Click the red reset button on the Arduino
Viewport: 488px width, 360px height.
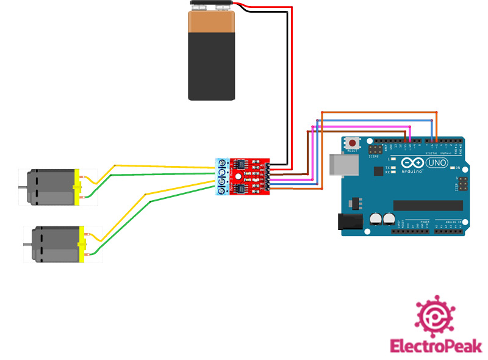tap(353, 143)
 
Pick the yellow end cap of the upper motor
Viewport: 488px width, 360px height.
tap(77, 187)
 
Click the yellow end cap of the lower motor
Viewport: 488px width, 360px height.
tap(82, 244)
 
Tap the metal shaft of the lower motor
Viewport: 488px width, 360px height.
tap(28, 245)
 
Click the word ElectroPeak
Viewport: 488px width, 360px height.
tap(436, 346)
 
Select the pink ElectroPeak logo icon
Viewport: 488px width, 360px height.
tap(436, 317)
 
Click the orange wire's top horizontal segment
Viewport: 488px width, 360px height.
tap(378, 112)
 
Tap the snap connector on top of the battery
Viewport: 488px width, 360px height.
tap(210, 6)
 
